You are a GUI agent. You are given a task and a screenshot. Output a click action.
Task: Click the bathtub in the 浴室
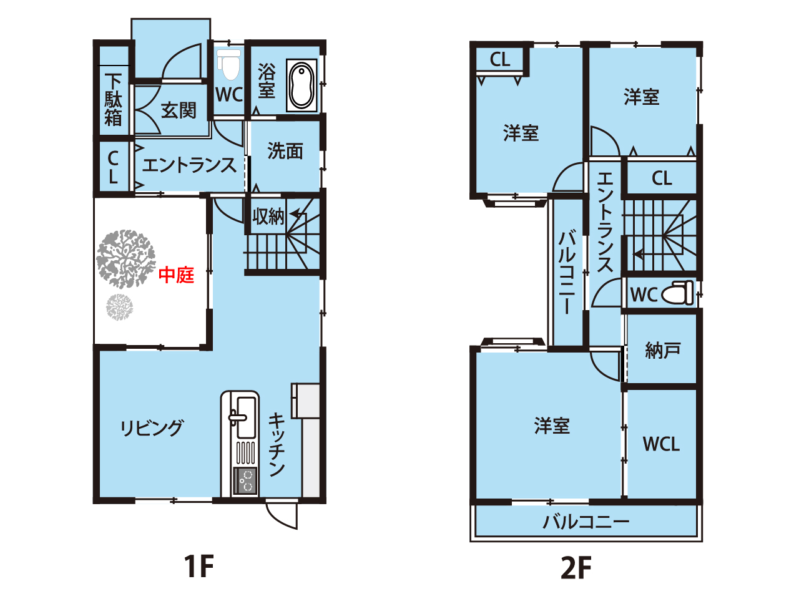point(301,85)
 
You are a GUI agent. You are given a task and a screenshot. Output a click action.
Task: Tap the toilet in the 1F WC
point(229,64)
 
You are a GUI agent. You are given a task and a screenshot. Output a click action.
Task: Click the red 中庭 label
point(176,275)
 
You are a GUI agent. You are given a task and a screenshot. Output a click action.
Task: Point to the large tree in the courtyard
point(126,258)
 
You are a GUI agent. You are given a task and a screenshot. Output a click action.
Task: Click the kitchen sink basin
point(246,417)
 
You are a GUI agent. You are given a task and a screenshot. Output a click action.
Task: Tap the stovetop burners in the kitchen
point(245,480)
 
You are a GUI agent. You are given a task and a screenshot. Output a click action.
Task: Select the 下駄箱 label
point(113,99)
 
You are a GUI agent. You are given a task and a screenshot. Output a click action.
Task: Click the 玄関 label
point(179,110)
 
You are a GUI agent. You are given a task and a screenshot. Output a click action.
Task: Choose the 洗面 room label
point(285,150)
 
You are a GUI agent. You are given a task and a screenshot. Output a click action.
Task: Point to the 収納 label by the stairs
point(268,217)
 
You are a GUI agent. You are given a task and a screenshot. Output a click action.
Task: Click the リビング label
point(152,427)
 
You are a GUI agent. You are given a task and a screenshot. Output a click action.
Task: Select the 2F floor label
point(576,568)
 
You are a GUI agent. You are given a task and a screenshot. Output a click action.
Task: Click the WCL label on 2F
point(661,444)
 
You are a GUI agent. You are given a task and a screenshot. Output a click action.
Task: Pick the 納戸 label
point(663,351)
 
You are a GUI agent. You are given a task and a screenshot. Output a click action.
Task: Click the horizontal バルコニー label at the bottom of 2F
point(586,522)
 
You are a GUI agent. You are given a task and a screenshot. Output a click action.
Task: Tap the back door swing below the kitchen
point(282,516)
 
